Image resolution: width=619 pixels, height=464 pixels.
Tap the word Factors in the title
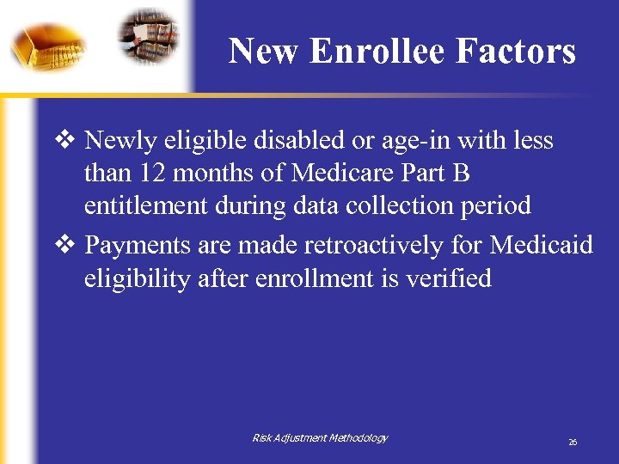[x=516, y=52]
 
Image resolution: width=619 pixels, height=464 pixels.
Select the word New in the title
[x=265, y=52]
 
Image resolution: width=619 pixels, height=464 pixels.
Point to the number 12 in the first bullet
[x=155, y=174]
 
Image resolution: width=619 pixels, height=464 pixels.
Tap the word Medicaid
[x=542, y=246]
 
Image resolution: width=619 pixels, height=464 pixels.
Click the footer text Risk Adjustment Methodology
[x=320, y=438]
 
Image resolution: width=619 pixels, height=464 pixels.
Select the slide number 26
[x=572, y=442]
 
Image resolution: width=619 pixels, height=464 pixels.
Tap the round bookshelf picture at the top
[x=150, y=36]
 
